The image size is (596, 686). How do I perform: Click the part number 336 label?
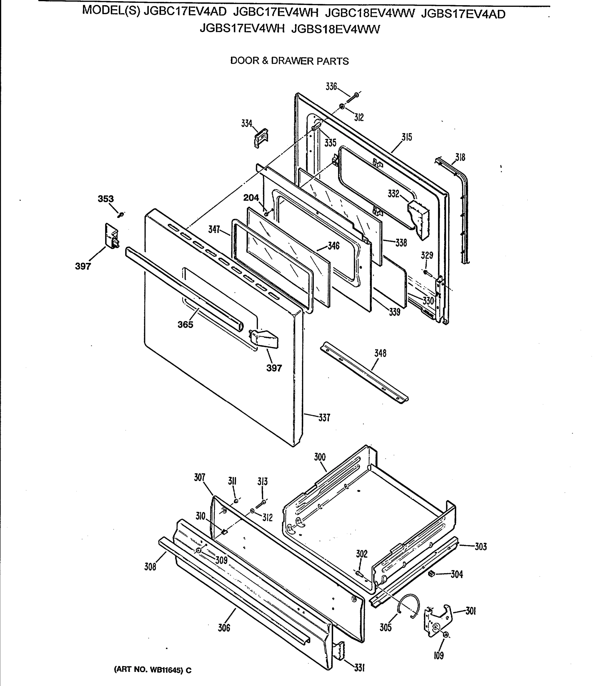[331, 87]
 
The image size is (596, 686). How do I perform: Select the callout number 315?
[406, 137]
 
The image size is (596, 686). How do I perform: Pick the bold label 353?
[106, 199]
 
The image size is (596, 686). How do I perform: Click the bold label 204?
[251, 198]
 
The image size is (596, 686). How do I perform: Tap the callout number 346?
[333, 246]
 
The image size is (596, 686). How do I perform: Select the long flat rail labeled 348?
[364, 373]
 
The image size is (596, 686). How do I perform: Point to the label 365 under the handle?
[185, 324]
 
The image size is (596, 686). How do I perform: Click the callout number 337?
[324, 417]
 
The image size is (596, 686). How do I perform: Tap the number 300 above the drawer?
[320, 457]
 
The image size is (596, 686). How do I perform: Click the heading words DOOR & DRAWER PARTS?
[289, 61]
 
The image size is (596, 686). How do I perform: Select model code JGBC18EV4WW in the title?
[370, 14]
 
